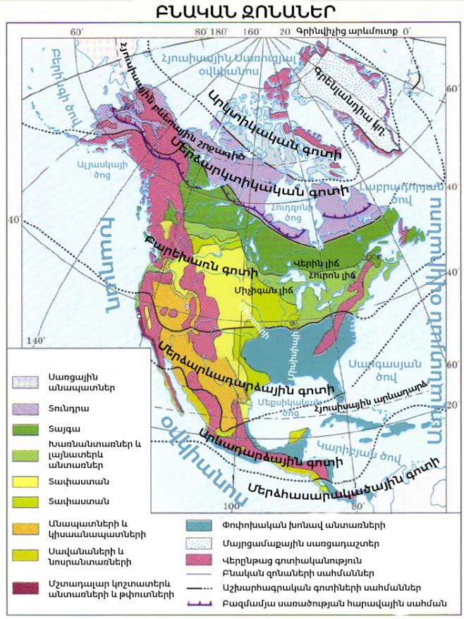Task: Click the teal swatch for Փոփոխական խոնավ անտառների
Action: (x=202, y=525)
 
